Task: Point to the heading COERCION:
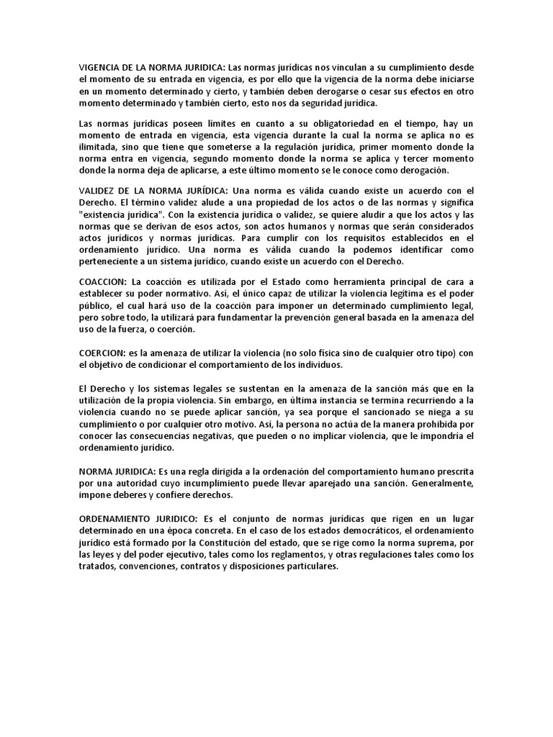pos(102,353)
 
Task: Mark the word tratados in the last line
pos(97,566)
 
